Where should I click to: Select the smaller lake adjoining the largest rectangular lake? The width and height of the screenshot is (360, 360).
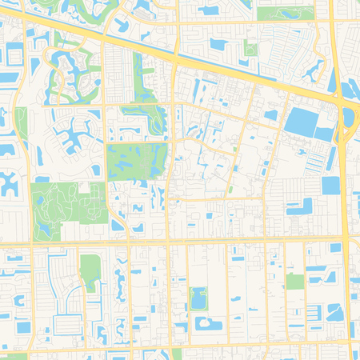point(324,133)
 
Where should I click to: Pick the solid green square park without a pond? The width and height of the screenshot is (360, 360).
point(295,281)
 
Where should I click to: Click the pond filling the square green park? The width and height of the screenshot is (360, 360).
point(198,298)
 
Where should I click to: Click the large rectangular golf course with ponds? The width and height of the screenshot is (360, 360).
point(136,161)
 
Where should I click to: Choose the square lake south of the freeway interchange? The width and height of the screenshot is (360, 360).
point(330,185)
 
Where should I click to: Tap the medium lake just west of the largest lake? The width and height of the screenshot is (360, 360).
point(271,115)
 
